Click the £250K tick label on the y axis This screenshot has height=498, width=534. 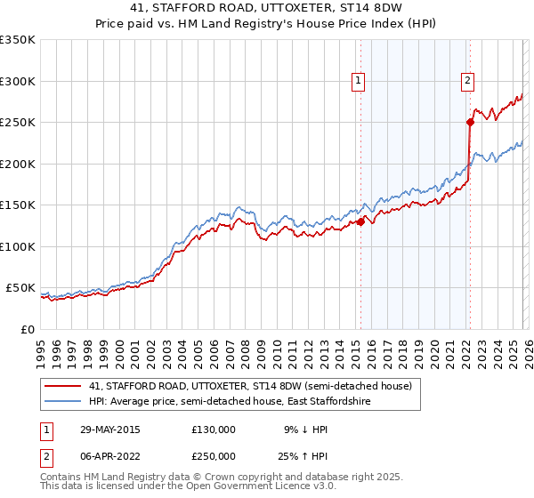point(18,122)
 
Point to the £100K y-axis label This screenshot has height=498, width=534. point(18,246)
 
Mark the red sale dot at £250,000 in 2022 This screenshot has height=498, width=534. point(470,122)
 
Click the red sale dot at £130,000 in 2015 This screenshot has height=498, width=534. point(361,222)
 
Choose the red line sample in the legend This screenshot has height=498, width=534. point(63,387)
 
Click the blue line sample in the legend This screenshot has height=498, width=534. point(63,402)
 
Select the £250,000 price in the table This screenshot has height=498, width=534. point(214,455)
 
